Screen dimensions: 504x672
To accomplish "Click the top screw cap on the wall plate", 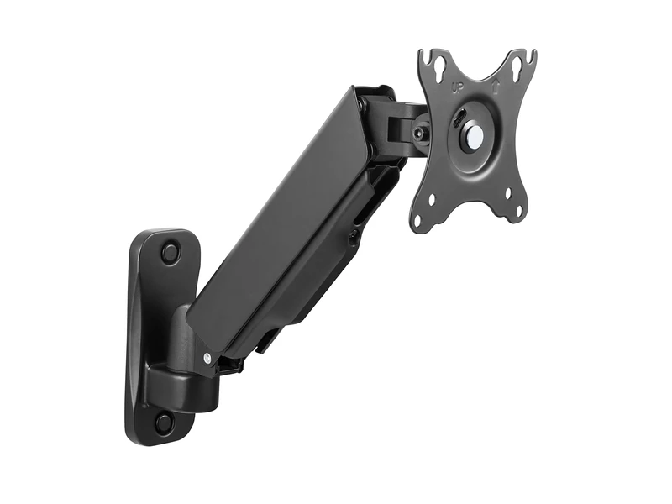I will point(171,251).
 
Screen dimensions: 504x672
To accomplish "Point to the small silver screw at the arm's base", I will point(207,358).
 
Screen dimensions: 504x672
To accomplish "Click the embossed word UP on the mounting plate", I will point(458,86).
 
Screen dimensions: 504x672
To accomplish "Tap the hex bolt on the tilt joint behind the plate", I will point(418,133).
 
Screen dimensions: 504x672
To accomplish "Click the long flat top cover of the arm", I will point(277,210).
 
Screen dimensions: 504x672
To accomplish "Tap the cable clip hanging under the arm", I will point(266,340).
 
